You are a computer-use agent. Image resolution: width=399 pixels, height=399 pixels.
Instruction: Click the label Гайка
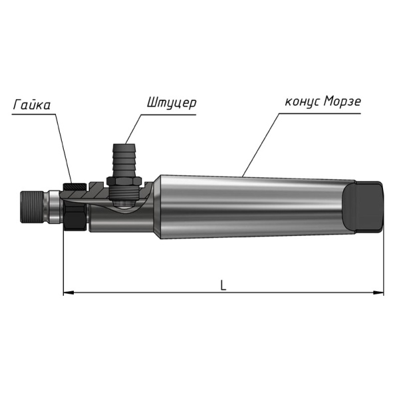click(x=31, y=104)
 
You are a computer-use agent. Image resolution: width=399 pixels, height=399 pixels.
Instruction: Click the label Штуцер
click(x=172, y=102)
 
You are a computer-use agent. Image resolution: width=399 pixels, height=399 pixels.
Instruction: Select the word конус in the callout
click(x=302, y=102)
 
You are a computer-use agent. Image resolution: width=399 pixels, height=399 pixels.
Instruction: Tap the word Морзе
click(x=342, y=101)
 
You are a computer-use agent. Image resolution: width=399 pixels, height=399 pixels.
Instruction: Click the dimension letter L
click(x=223, y=285)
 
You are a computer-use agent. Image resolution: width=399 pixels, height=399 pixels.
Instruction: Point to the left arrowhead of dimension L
click(x=68, y=293)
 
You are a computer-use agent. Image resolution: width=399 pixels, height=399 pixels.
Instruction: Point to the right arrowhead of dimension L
click(x=378, y=293)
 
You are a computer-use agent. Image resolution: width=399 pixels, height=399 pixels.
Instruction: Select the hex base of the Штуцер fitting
click(x=124, y=181)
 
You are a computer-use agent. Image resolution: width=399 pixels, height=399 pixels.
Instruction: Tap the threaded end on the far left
click(x=31, y=207)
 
